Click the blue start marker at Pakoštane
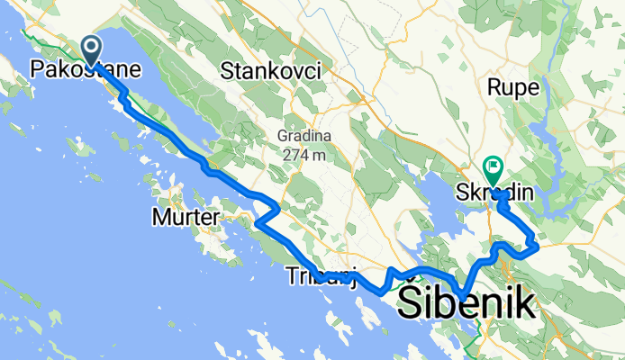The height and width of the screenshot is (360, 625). pos(92,50)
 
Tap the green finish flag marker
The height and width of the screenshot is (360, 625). pos(494,167)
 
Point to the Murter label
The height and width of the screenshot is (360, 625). pos(186,217)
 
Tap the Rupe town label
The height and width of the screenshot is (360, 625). pos(512,87)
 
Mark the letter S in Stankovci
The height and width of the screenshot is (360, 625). pos(227,69)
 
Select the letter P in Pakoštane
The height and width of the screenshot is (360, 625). pos(36,67)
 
